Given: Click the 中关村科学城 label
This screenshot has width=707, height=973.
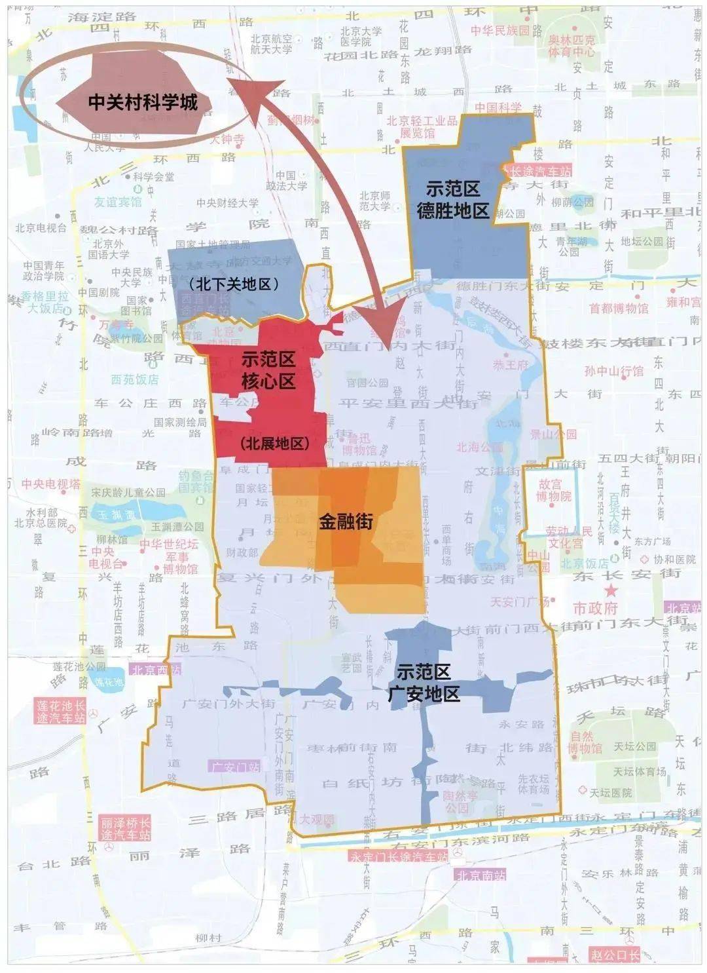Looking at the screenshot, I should tap(142, 102).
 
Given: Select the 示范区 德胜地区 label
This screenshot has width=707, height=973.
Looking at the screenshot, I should tap(452, 200).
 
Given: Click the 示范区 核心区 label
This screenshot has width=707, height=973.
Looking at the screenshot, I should tap(268, 370).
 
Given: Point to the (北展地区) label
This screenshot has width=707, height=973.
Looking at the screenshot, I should tap(274, 444).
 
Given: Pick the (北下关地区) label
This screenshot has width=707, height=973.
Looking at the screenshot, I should tap(233, 284).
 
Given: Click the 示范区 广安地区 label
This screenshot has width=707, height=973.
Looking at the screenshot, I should tap(424, 682).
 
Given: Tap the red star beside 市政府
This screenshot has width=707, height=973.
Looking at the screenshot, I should tap(611, 591).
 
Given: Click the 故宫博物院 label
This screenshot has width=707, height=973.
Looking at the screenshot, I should tap(555, 490).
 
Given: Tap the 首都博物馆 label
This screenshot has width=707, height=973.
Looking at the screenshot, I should tap(618, 307).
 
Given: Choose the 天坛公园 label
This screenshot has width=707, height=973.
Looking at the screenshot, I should tap(634, 746).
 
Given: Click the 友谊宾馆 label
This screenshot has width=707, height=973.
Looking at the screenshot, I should tap(118, 202).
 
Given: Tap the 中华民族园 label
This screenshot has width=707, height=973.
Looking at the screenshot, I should tap(503, 31).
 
